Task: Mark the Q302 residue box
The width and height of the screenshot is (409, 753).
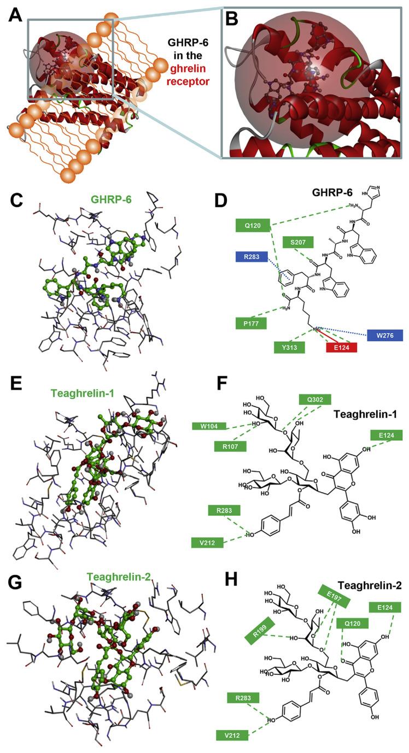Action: coord(314,399)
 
